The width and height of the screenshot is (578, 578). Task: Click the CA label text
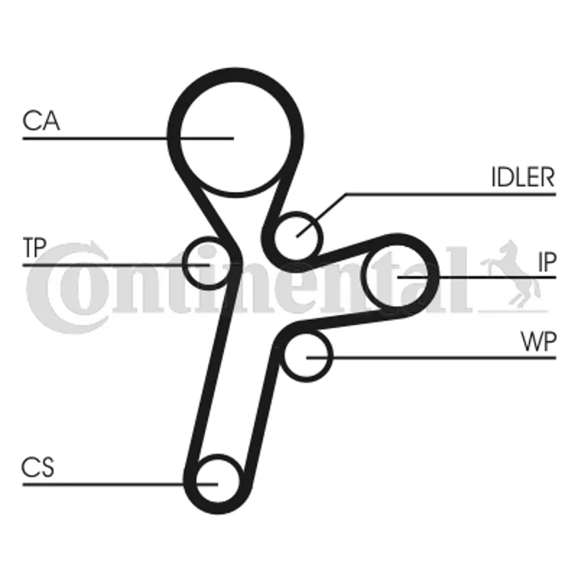tap(41, 121)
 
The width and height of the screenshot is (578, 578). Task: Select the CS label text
tap(38, 467)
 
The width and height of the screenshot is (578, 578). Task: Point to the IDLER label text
tap(522, 178)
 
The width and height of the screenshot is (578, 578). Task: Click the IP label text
tap(546, 262)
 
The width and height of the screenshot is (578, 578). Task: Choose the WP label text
tap(539, 342)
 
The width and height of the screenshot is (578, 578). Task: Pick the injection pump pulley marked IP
tap(399, 275)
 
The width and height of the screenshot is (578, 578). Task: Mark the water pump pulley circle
tap(306, 356)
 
